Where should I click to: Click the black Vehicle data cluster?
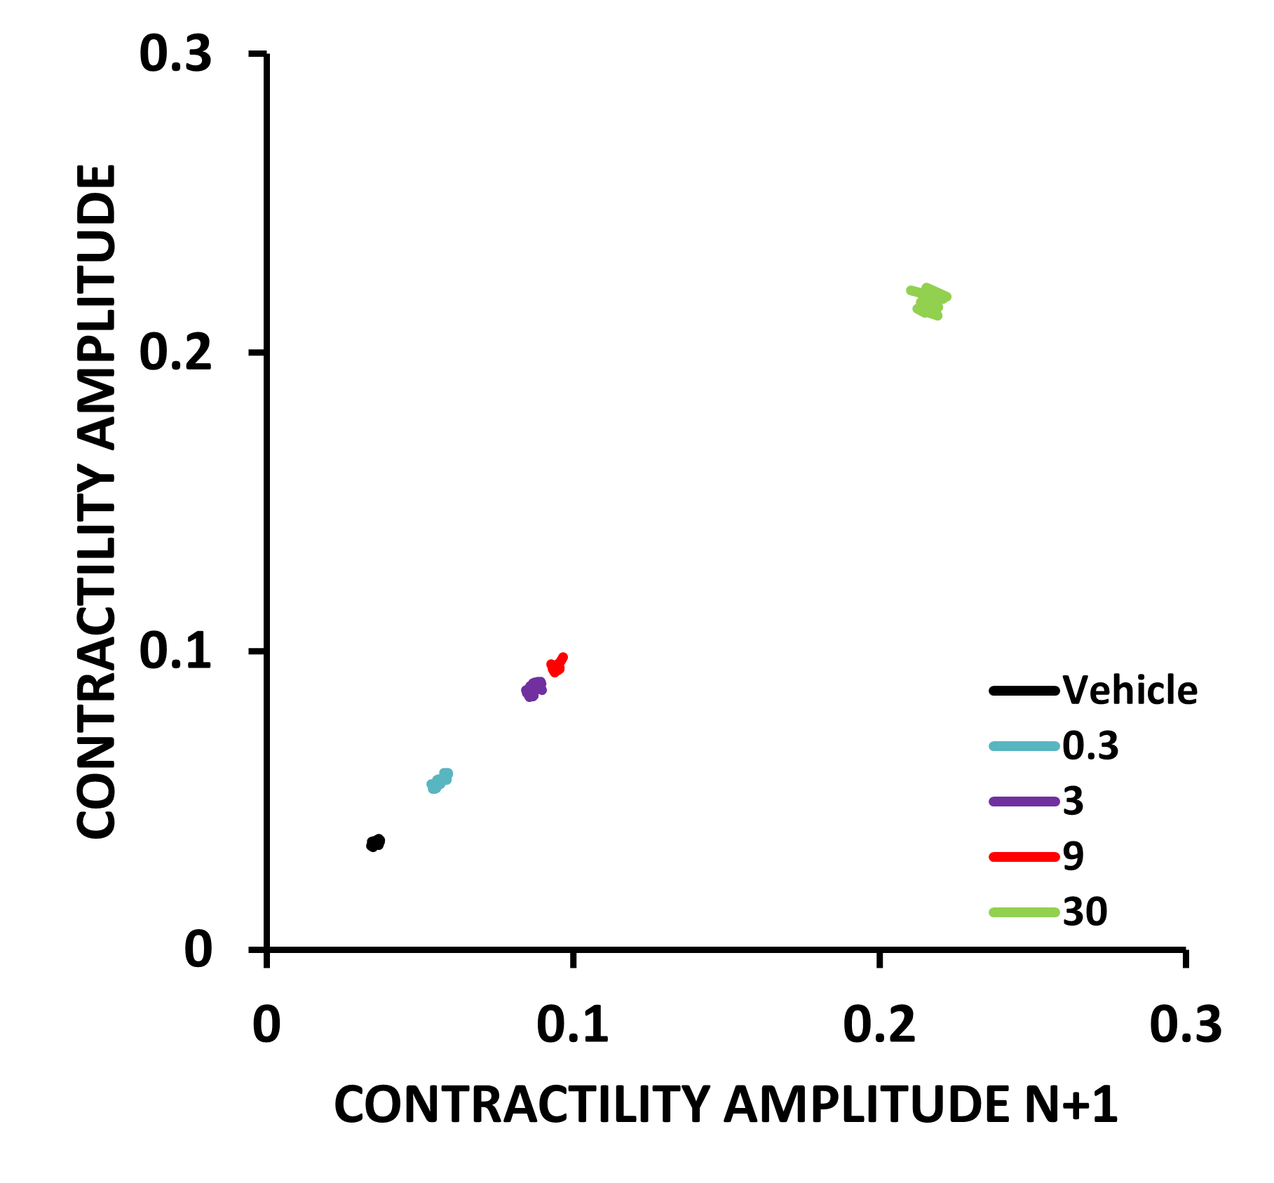click(375, 843)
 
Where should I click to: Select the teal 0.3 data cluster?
click(440, 780)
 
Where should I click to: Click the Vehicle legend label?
click(1130, 691)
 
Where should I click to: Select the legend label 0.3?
click(1090, 745)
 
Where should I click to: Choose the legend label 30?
click(1085, 912)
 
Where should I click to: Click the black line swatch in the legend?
click(1024, 691)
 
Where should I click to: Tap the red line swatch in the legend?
click(1024, 856)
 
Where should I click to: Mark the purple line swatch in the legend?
click(1024, 802)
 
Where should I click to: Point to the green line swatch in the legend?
click(1024, 912)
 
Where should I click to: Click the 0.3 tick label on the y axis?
click(175, 54)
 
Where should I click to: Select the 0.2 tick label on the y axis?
click(175, 353)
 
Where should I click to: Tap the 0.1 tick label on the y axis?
click(175, 651)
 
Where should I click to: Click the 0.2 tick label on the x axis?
click(879, 1025)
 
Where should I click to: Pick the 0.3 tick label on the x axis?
click(1186, 1025)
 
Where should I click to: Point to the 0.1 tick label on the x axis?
click(573, 1025)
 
